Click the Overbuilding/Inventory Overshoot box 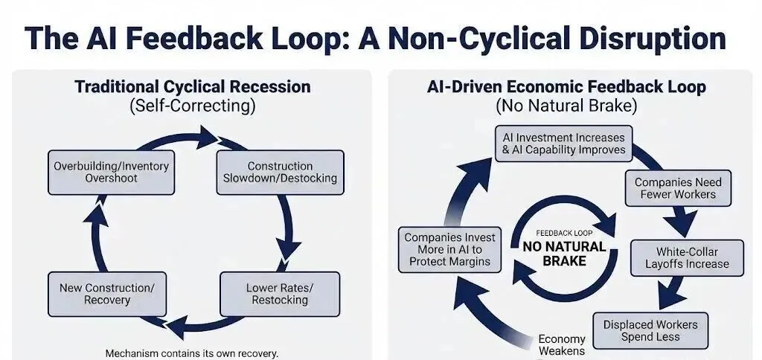coord(111,173)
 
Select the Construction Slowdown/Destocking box coord(280,173)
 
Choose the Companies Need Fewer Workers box coord(677,188)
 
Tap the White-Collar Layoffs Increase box coord(687,258)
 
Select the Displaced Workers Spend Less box coord(650,331)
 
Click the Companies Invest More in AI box coord(450,250)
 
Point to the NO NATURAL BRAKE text coord(563,254)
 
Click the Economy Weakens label coord(562,345)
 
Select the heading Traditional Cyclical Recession coord(192,87)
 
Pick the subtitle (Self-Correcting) coord(192,106)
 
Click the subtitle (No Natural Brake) coord(566,106)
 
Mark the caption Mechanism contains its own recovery coord(192,353)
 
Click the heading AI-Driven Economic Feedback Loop coord(566,87)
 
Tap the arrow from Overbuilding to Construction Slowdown coord(195,136)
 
